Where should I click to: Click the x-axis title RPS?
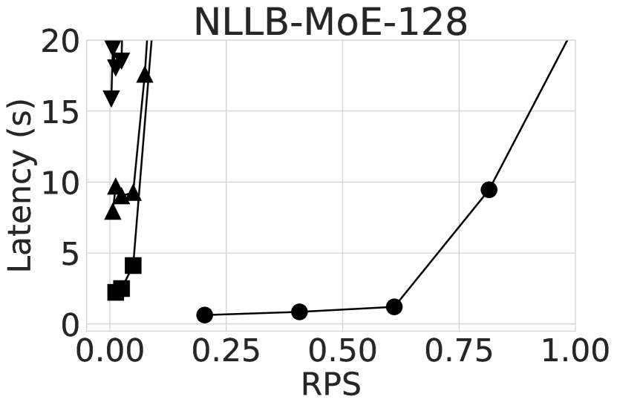(x=330, y=384)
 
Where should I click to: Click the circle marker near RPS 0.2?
(x=205, y=315)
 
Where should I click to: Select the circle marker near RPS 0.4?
(x=299, y=312)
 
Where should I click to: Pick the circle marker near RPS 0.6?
(x=394, y=306)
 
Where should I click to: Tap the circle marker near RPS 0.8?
(x=489, y=189)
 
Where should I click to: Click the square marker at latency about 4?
(x=133, y=266)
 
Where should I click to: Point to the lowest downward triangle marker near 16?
(x=111, y=98)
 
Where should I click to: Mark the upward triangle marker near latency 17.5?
(x=145, y=75)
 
